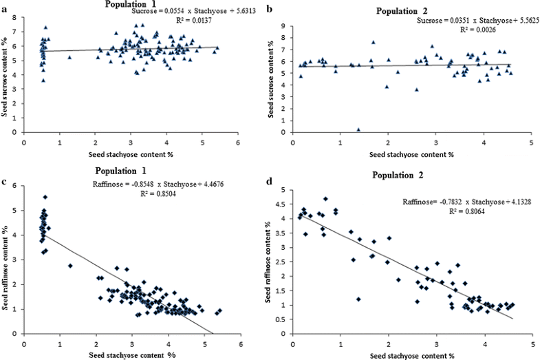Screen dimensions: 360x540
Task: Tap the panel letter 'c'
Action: click(x=5, y=182)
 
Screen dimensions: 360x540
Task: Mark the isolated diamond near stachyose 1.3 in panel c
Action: click(x=70, y=265)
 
